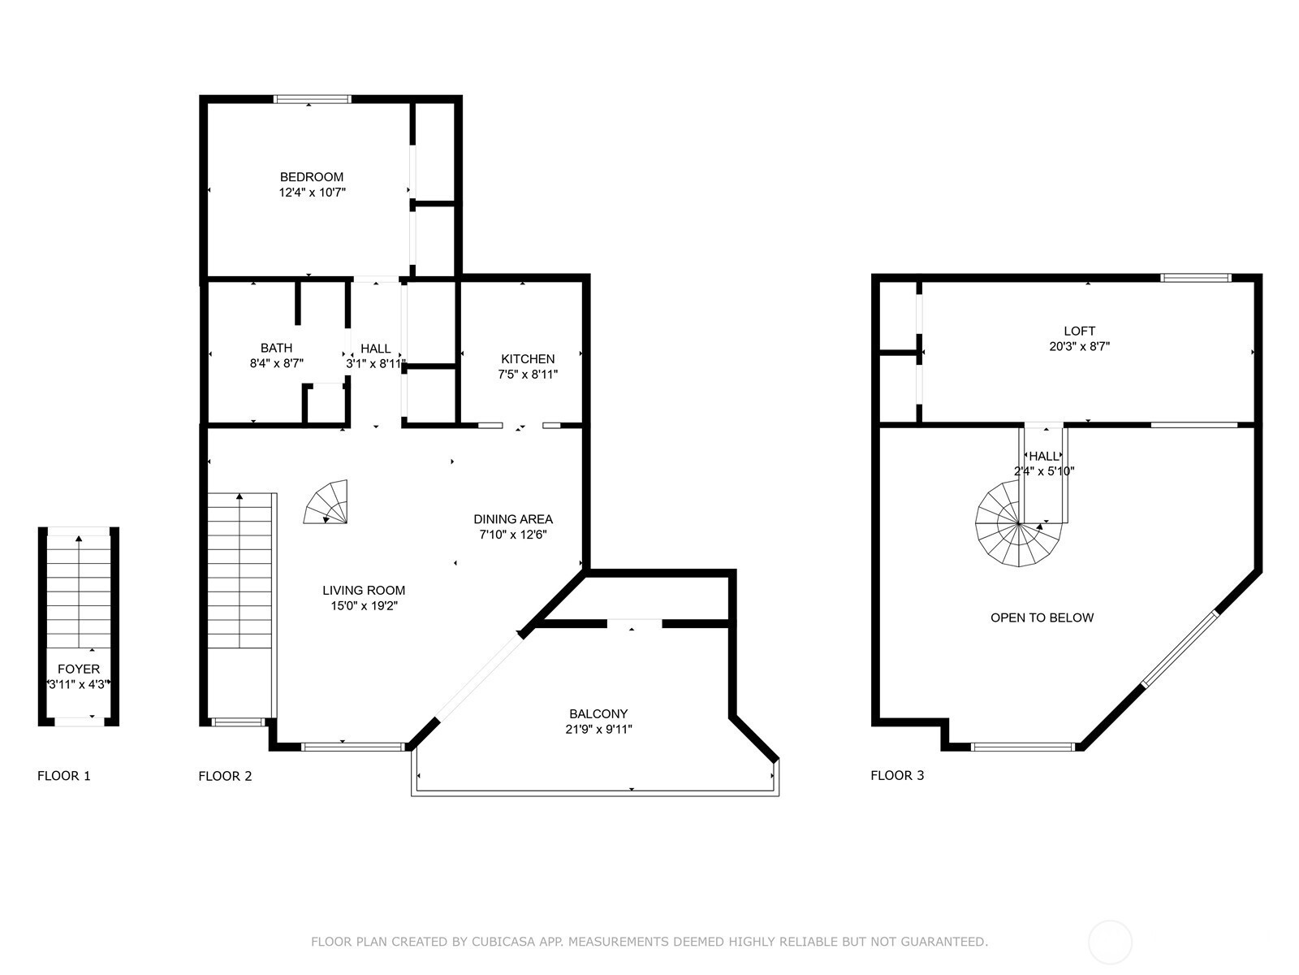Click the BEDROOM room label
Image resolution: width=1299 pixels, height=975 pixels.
coord(311,177)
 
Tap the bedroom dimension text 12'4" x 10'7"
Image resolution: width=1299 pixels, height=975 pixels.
coord(312,193)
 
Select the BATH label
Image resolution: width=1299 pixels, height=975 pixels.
coord(276,348)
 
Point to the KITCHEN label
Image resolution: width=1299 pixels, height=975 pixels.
coord(528,359)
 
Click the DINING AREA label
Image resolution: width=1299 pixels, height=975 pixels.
coord(513,519)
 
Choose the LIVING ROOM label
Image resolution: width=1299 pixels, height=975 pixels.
coord(364,590)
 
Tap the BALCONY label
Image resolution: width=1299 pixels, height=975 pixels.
coord(598,714)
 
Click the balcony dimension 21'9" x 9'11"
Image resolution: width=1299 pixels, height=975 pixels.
coord(598,730)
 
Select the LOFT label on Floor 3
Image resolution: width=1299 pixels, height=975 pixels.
coord(1080,331)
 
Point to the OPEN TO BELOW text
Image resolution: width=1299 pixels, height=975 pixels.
coord(1042,618)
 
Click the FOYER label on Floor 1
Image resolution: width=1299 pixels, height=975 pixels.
coord(79,669)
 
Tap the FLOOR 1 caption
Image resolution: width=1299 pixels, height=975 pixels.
coord(64,776)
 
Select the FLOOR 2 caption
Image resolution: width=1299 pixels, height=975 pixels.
coord(225,776)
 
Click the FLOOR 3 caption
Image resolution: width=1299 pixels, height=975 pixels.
coord(897,775)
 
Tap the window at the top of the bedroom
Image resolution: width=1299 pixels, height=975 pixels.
coord(312,99)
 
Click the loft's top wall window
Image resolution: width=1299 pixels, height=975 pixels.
coord(1195,278)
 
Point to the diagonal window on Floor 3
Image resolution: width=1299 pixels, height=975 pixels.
coord(1180,649)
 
